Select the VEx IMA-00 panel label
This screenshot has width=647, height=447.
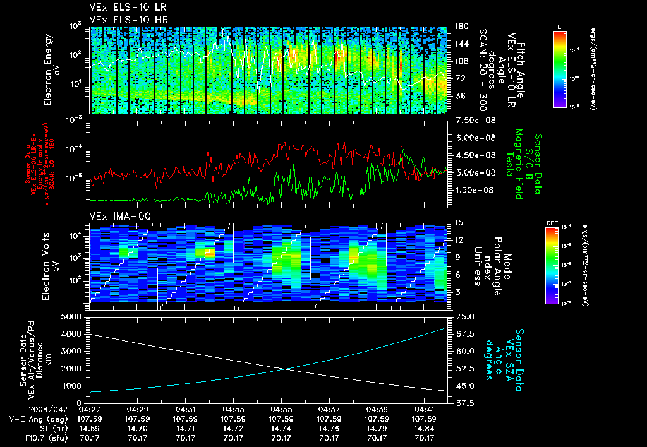[114, 216]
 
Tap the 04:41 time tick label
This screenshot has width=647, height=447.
[425, 409]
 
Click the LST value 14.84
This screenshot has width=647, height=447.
[425, 428]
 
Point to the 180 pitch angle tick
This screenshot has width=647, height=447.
[459, 27]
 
